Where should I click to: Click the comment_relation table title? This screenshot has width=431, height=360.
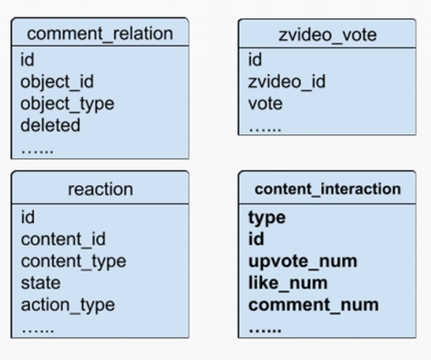pyautogui.click(x=100, y=34)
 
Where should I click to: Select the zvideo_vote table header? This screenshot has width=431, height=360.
pyautogui.click(x=327, y=36)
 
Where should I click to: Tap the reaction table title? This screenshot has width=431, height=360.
pyautogui.click(x=100, y=189)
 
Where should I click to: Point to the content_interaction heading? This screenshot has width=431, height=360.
pyautogui.click(x=328, y=189)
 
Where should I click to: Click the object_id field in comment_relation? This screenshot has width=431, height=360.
pyautogui.click(x=57, y=82)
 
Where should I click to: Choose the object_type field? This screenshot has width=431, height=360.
pyautogui.click(x=67, y=104)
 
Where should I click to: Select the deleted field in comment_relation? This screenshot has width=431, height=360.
pyautogui.click(x=51, y=125)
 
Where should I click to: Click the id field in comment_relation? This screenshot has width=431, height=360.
pyautogui.click(x=28, y=60)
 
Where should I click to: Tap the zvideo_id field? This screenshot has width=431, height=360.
pyautogui.click(x=287, y=82)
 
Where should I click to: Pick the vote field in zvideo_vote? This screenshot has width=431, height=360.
pyautogui.click(x=266, y=104)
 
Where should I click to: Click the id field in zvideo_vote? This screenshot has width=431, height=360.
pyautogui.click(x=255, y=60)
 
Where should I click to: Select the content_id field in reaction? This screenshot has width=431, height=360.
pyautogui.click(x=63, y=240)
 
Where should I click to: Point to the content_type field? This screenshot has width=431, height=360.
pyautogui.click(x=74, y=261)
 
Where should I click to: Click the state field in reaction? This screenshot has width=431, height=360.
pyautogui.click(x=41, y=283)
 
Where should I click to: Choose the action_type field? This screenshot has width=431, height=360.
pyautogui.click(x=68, y=306)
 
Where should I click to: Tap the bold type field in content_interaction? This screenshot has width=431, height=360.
pyautogui.click(x=267, y=218)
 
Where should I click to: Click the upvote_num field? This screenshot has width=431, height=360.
pyautogui.click(x=303, y=261)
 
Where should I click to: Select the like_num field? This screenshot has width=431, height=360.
pyautogui.click(x=288, y=283)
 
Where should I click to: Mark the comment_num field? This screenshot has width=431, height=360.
pyautogui.click(x=313, y=305)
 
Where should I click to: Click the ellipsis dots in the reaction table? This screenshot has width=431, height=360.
pyautogui.click(x=38, y=330)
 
